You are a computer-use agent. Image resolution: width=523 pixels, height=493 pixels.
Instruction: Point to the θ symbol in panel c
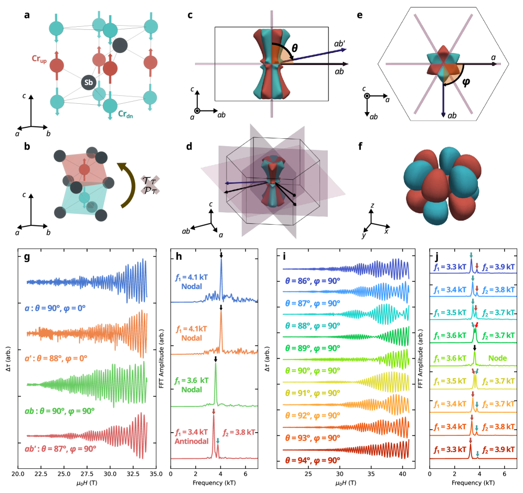pyautogui.click(x=294, y=48)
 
